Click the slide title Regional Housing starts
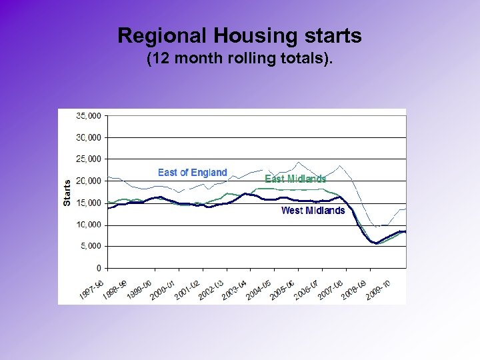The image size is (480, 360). point(239,35)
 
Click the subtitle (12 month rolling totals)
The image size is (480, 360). point(239,59)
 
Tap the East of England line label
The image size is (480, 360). point(192,173)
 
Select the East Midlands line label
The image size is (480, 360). point(295,179)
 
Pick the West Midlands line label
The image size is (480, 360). point(313,211)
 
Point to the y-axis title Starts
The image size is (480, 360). point(67,192)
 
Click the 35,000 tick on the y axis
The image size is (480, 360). point(88,115)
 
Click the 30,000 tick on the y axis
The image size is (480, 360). point(88,137)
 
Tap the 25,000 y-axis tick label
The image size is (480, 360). point(88,159)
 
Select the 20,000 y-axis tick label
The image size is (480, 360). point(88,181)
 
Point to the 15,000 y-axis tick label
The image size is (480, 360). point(88,203)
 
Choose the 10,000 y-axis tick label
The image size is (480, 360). point(88,225)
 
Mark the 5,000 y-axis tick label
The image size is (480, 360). point(90,246)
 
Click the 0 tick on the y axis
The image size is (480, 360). point(98,268)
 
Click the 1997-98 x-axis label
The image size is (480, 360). point(93,287)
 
